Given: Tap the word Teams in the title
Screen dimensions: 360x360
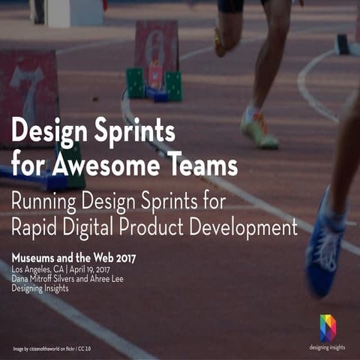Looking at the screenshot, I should pyautogui.click(x=199, y=163).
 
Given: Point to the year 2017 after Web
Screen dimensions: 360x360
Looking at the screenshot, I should pyautogui.click(x=121, y=259).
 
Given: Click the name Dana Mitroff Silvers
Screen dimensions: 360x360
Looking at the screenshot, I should pyautogui.click(x=49, y=279).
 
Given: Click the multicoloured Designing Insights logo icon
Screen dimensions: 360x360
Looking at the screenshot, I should pyautogui.click(x=328, y=328).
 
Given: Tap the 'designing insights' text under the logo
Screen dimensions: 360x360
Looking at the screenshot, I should pyautogui.click(x=328, y=347).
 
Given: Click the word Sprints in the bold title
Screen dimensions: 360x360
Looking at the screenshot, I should pyautogui.click(x=135, y=132).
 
